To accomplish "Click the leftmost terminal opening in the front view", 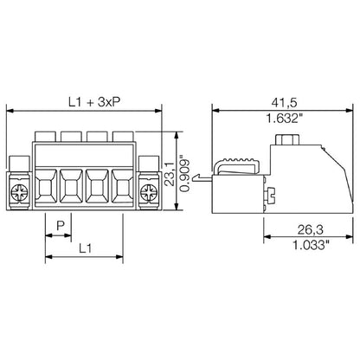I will click(46, 186).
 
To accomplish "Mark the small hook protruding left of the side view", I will click(204, 179).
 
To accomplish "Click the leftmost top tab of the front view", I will click(46, 137).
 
